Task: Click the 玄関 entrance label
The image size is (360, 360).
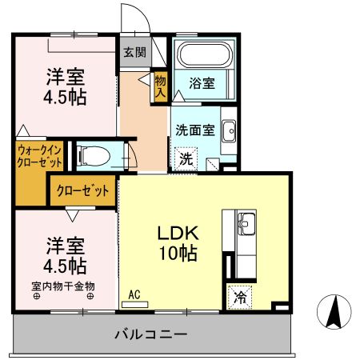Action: click(x=134, y=54)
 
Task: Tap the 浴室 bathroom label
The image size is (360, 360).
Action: click(x=201, y=82)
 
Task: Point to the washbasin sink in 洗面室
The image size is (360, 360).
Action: click(x=228, y=131)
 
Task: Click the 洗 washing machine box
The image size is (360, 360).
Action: click(x=185, y=158)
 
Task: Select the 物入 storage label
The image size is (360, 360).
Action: click(x=160, y=86)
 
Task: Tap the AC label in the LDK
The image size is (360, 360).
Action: click(x=134, y=294)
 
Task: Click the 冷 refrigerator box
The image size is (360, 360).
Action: click(x=238, y=295)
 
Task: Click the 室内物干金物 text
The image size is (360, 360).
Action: click(x=63, y=286)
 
